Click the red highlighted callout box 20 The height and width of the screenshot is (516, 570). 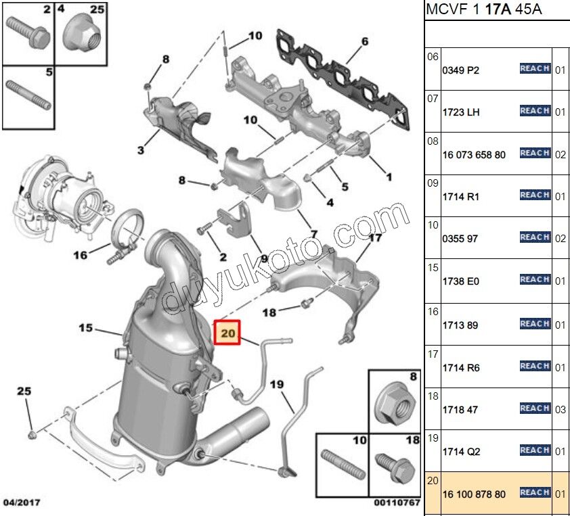(x=227, y=333)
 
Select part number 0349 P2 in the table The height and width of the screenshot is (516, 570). (x=460, y=70)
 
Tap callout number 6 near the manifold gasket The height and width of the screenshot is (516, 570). (x=364, y=41)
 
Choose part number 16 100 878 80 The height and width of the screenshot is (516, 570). (x=473, y=494)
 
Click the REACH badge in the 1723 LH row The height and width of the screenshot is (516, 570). (x=535, y=111)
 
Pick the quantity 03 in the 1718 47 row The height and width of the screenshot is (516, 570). (x=560, y=409)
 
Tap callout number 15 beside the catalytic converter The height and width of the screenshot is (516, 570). (x=85, y=328)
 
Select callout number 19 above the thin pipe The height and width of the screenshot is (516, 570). (x=277, y=384)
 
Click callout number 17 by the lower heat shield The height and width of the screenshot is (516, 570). (x=374, y=238)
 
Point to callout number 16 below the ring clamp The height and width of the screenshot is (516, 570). (x=81, y=255)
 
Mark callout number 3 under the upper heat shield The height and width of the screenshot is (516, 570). (x=141, y=150)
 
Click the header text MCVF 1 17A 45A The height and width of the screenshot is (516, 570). (x=474, y=10)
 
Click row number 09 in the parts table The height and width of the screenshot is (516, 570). (x=433, y=182)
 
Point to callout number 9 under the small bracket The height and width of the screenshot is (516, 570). (x=264, y=258)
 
